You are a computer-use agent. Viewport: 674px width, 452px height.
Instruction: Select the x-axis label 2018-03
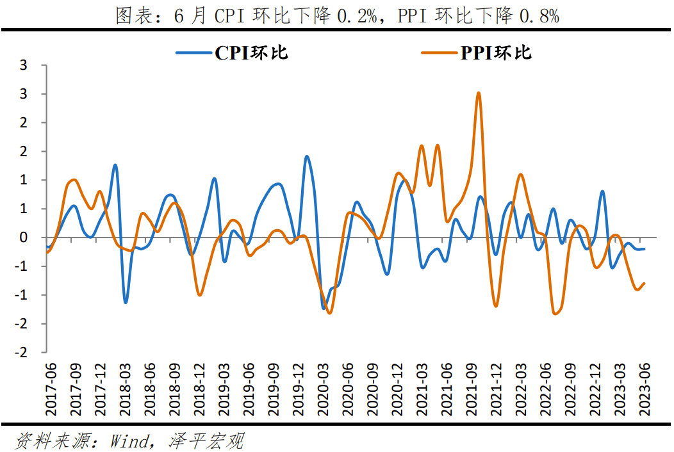[125, 383]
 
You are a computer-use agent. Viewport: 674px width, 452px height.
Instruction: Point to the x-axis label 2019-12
[299, 383]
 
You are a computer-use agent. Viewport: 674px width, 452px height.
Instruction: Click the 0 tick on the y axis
[24, 238]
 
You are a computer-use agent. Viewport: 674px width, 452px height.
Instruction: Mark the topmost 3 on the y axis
[24, 65]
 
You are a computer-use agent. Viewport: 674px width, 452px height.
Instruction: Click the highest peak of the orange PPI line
[479, 93]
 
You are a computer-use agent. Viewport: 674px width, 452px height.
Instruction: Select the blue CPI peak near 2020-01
[307, 156]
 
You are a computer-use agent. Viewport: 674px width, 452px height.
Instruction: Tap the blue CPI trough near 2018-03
[126, 302]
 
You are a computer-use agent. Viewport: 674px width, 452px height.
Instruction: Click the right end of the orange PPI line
[644, 283]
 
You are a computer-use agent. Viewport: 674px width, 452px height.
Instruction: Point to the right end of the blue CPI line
[644, 249]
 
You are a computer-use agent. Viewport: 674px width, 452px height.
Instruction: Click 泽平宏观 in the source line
[207, 440]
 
